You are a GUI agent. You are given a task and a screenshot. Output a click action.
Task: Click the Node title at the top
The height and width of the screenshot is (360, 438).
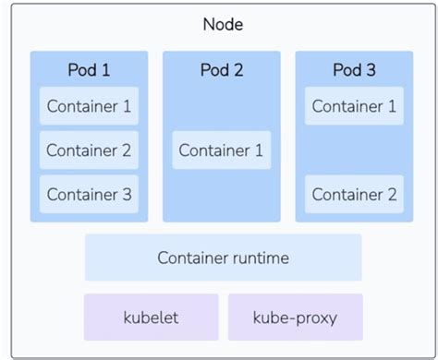point(223,24)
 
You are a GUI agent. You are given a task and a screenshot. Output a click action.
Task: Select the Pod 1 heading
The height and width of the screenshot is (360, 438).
point(89,70)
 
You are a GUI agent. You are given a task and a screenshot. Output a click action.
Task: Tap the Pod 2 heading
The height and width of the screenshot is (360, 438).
point(221,70)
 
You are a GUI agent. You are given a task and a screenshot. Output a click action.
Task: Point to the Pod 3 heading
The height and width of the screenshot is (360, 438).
point(354,70)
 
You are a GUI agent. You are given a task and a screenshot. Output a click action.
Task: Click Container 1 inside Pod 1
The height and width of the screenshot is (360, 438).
point(89,106)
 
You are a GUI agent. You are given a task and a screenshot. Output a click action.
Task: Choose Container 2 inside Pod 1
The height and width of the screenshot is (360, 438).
point(89,150)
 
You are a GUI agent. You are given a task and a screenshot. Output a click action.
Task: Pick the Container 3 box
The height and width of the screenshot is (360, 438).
point(89,195)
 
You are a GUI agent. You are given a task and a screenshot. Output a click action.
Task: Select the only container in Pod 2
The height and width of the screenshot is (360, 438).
point(221,150)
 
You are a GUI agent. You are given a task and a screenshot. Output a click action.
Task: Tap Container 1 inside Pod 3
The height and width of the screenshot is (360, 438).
point(354,106)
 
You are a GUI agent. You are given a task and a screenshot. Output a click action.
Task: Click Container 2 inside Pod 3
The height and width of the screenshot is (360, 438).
point(354,195)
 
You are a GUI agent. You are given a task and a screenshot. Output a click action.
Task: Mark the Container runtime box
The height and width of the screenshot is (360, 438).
point(223,258)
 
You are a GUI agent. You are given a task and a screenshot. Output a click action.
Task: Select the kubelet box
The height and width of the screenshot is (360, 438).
point(151,318)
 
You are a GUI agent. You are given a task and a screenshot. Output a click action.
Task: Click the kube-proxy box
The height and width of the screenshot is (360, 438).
point(295,318)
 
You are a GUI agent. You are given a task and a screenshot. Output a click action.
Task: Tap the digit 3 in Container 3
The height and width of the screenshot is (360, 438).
point(127,195)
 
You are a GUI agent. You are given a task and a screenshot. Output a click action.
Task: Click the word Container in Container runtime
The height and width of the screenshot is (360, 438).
point(192,258)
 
